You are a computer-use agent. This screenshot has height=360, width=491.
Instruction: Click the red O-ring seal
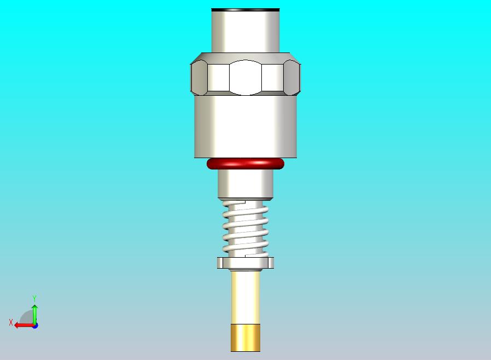click(245, 163)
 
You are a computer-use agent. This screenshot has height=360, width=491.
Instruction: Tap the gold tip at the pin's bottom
click(245, 338)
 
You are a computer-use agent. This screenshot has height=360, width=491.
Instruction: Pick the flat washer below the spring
click(245, 263)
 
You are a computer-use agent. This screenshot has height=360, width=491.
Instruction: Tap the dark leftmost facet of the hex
click(198, 78)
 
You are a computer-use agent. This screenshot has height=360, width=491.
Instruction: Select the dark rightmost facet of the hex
click(293, 78)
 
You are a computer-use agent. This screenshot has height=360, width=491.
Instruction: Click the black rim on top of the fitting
click(245, 10)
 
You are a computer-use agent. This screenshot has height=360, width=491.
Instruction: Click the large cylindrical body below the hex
click(245, 126)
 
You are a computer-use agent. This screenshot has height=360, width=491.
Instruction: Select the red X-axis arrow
click(22, 325)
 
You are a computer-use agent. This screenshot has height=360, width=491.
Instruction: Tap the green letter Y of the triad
click(34, 298)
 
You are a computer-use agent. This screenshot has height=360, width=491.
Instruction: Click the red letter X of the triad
click(10, 323)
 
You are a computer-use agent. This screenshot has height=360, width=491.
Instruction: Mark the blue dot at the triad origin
click(35, 326)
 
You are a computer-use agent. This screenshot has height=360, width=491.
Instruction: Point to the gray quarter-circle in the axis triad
click(27, 318)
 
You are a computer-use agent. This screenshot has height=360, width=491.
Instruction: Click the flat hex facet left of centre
click(218, 78)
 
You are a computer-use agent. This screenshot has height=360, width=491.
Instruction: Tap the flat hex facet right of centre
click(273, 78)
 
